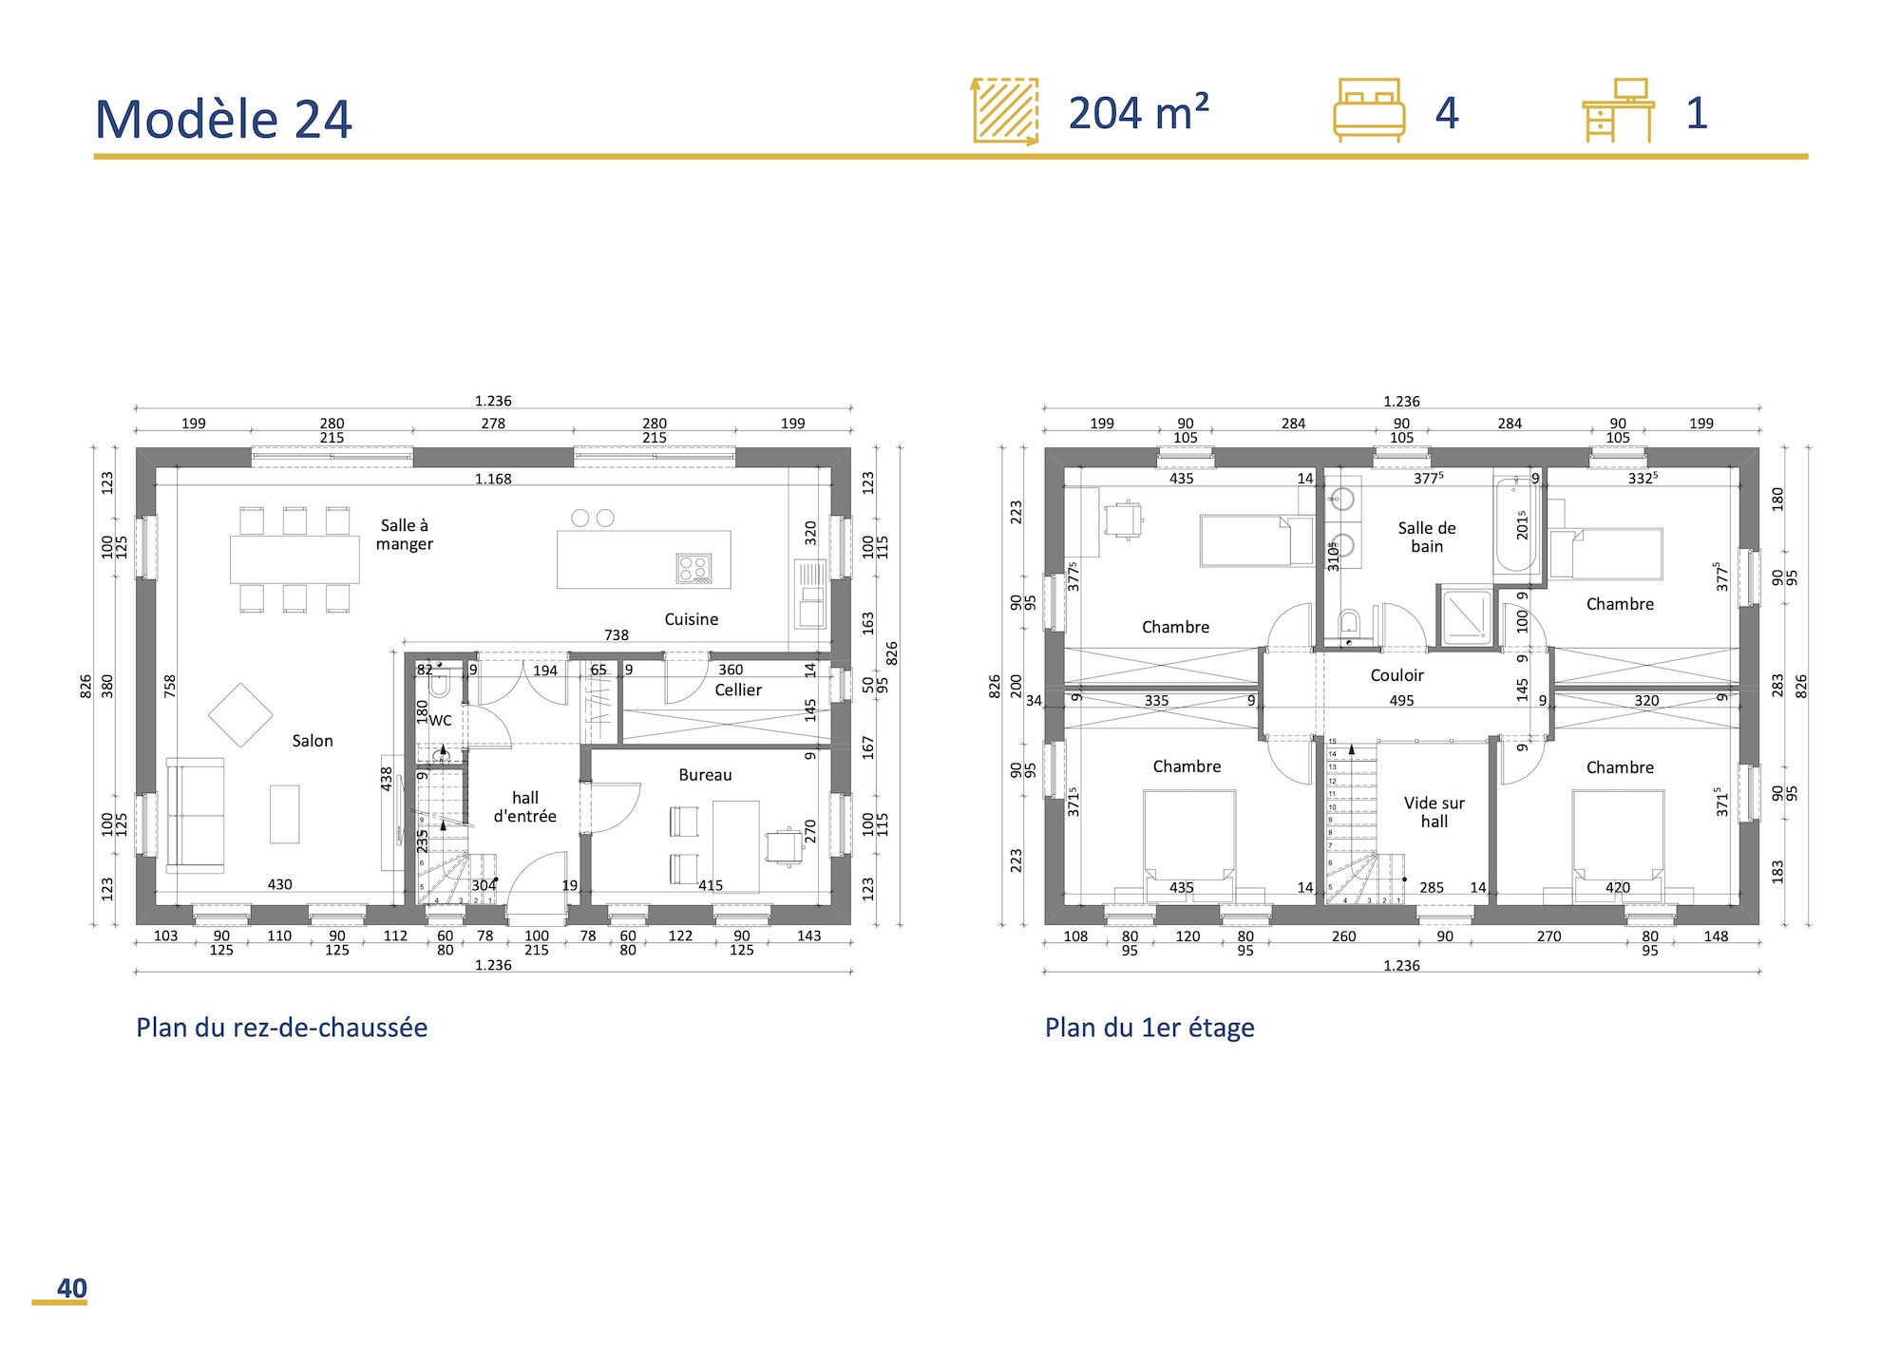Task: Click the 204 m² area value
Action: click(x=1138, y=113)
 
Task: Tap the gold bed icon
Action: click(x=1368, y=110)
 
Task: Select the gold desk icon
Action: click(x=1618, y=111)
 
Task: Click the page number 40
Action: click(x=71, y=1288)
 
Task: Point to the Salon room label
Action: click(x=313, y=741)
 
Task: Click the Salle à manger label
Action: click(x=405, y=535)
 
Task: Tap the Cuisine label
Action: click(x=691, y=619)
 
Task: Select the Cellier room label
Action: click(x=738, y=690)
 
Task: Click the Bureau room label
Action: click(x=705, y=775)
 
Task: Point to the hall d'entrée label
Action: click(x=524, y=806)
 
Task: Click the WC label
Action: click(x=440, y=720)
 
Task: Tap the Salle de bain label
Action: click(x=1426, y=537)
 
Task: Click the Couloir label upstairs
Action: click(x=1396, y=675)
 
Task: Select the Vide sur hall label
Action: click(x=1434, y=812)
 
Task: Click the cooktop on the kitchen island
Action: click(x=693, y=568)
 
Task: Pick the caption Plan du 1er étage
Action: click(x=1149, y=1028)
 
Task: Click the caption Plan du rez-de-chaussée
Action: click(x=281, y=1028)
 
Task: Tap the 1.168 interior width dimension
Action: click(x=493, y=479)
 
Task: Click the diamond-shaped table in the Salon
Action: click(x=240, y=715)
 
